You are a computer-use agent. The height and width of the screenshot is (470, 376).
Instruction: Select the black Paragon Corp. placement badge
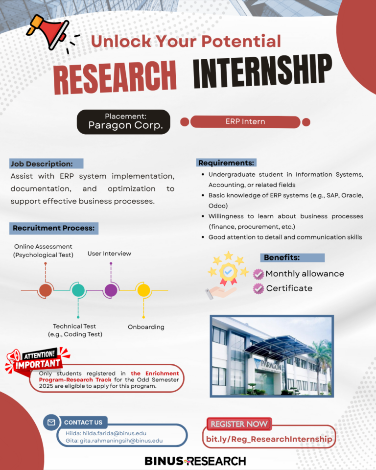click(123, 122)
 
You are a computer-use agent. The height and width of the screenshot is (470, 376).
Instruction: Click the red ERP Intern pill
click(245, 122)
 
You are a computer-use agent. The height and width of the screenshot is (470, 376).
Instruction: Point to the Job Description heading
click(46, 164)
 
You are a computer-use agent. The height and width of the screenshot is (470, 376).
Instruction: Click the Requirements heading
click(226, 163)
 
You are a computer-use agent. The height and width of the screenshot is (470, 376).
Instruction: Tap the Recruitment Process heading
click(54, 228)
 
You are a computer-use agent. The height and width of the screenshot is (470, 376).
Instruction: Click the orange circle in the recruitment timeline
click(45, 290)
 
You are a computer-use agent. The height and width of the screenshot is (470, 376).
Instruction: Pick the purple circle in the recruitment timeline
click(111, 290)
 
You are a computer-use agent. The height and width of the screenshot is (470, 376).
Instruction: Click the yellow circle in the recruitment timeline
click(143, 290)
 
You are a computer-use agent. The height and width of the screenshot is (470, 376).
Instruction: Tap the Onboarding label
click(146, 327)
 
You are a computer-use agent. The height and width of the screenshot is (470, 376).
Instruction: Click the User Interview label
click(110, 254)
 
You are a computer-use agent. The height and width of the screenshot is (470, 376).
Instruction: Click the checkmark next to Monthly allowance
click(258, 274)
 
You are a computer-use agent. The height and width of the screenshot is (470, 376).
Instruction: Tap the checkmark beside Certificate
click(258, 289)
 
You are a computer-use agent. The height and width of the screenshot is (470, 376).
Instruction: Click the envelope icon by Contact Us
click(51, 423)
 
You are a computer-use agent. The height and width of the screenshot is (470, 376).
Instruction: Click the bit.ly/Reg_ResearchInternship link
click(269, 439)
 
